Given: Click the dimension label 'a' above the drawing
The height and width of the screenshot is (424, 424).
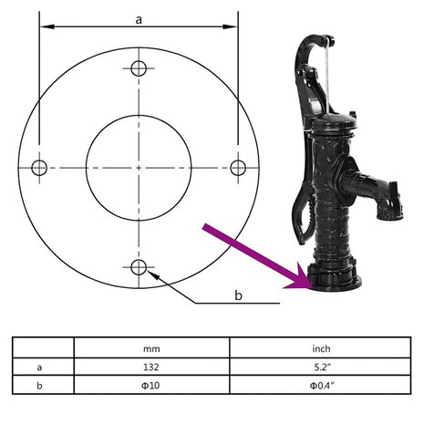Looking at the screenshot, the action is pyautogui.click(x=139, y=20).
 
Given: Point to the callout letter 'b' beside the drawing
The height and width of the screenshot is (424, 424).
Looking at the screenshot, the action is pyautogui.click(x=238, y=295).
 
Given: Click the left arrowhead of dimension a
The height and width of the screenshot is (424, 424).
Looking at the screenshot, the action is pyautogui.click(x=47, y=26).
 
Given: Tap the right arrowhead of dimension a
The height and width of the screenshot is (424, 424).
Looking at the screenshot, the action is pyautogui.click(x=230, y=26).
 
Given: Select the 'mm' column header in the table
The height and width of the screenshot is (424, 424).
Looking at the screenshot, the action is pyautogui.click(x=151, y=348).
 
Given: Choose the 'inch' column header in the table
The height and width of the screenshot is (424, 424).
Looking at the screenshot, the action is pyautogui.click(x=321, y=348).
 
